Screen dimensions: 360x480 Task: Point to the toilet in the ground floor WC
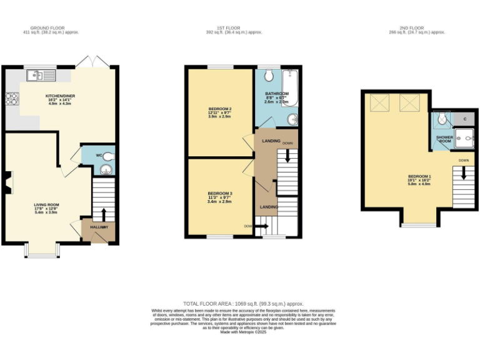click(x=109, y=156)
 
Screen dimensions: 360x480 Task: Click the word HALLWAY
click(x=99, y=227)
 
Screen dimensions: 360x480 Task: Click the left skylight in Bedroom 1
click(x=379, y=102)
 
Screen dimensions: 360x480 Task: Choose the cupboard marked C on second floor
click(x=464, y=119)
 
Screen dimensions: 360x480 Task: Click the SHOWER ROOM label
click(x=444, y=139)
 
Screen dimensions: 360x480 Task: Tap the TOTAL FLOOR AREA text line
click(x=240, y=302)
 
